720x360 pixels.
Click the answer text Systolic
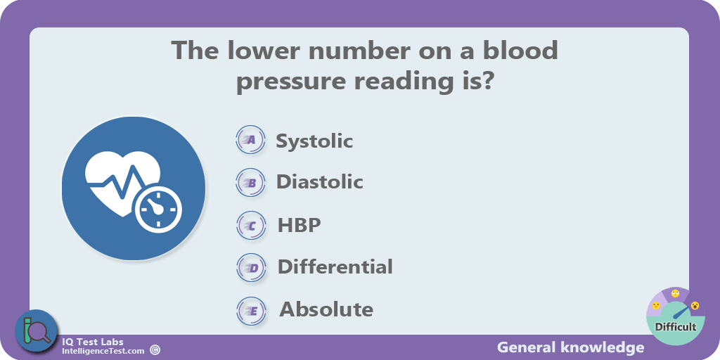click(314, 141)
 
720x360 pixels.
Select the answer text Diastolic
click(320, 182)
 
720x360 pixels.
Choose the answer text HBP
click(299, 225)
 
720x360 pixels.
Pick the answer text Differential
click(335, 266)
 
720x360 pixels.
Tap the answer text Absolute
click(326, 309)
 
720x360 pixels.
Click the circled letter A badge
click(251, 140)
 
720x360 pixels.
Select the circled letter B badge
click(251, 183)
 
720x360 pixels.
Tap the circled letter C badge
click(251, 225)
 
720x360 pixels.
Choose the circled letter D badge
click(251, 268)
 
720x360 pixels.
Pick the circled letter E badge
click(251, 310)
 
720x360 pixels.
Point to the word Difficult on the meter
click(676, 327)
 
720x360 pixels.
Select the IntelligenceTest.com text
click(103, 352)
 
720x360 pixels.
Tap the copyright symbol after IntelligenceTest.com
click(155, 351)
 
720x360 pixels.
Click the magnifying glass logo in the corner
click(37, 332)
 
